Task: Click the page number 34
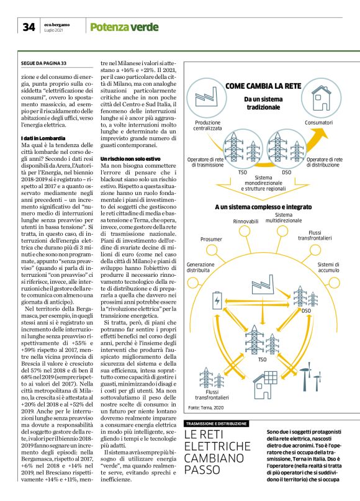click(x=29, y=27)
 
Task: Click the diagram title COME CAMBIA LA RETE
click(x=264, y=86)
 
